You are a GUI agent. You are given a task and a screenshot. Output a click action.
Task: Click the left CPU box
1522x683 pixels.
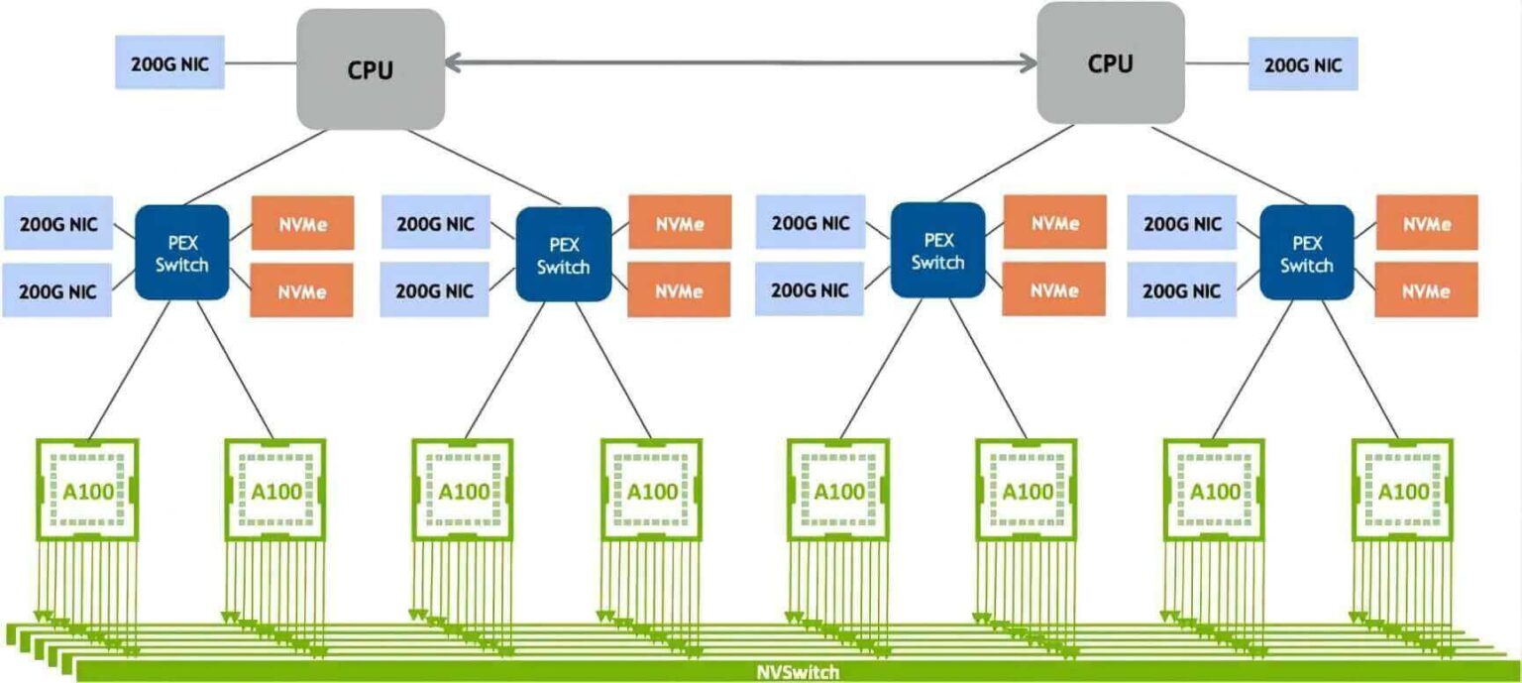371,69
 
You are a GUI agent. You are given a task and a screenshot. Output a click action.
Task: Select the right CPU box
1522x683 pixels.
1110,63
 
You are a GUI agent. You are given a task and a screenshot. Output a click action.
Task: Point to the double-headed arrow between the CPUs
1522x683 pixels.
740,63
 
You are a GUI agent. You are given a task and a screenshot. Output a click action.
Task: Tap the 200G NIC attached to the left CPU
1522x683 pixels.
169,62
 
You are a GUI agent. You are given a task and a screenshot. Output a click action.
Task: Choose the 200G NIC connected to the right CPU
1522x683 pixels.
1302,64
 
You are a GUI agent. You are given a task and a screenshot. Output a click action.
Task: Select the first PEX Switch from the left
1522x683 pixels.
182,252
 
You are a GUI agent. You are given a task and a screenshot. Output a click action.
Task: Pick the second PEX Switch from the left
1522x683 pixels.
563,254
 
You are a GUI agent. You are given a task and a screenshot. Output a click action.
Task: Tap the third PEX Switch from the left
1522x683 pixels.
937,250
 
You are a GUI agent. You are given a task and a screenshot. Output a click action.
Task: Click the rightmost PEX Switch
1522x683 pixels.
1306,253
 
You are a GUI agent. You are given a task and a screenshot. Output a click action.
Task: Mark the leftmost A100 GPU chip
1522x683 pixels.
87,491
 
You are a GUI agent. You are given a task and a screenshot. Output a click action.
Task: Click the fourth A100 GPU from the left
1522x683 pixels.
651,491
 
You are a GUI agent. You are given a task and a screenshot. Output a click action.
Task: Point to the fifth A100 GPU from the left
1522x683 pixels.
838,491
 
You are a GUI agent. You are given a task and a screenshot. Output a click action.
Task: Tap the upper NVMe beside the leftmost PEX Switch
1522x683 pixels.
302,222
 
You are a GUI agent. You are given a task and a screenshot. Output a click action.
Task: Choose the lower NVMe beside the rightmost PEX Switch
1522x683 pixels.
1427,289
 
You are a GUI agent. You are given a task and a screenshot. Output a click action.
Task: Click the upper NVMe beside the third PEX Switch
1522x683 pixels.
1054,222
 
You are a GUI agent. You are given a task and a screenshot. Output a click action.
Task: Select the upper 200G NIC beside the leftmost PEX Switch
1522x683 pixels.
58,223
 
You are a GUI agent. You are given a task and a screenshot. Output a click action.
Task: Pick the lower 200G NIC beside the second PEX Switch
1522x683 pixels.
435,290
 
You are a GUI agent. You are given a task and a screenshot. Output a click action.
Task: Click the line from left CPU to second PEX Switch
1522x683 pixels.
486,169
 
